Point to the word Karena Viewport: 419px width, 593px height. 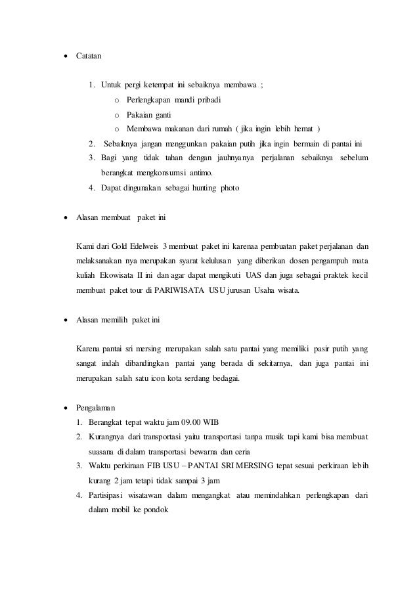pyautogui.click(x=89, y=347)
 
